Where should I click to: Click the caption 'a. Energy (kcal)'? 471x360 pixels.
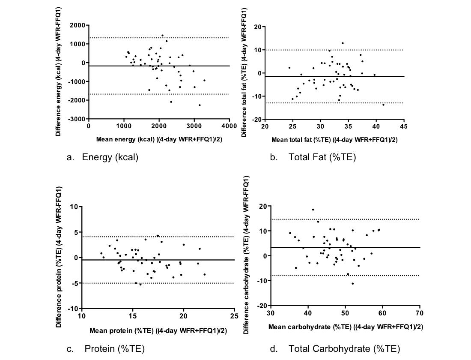[102, 157]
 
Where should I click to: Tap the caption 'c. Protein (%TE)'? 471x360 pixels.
[106, 349]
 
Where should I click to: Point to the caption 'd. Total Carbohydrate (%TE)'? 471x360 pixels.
[335, 349]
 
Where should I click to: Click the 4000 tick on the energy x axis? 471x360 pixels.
[229, 126]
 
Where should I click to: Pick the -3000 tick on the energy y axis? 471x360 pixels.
[76, 119]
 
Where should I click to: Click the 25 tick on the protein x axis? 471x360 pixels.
[234, 316]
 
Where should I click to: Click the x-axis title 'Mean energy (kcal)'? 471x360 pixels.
[159, 139]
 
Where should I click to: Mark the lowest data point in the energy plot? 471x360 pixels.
[200, 105]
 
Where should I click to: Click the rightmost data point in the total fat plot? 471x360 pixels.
[383, 105]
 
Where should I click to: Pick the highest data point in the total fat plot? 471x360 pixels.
[343, 43]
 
